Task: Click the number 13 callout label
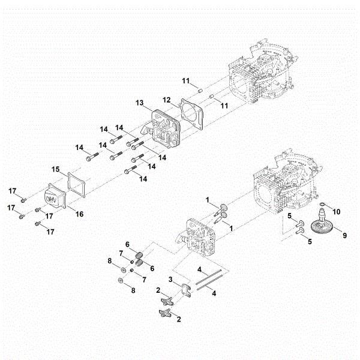click(x=139, y=103)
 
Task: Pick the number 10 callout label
click(x=337, y=211)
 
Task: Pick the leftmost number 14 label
click(x=79, y=147)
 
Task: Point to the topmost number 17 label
click(x=11, y=191)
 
